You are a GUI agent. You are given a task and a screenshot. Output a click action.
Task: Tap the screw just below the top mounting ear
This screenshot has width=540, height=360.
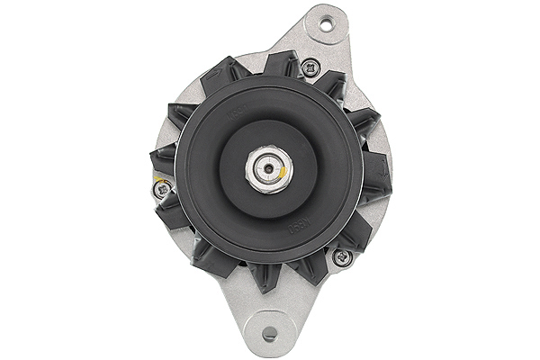pos(310,65)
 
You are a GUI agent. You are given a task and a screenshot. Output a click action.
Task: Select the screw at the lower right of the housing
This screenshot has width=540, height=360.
pos(339,257)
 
